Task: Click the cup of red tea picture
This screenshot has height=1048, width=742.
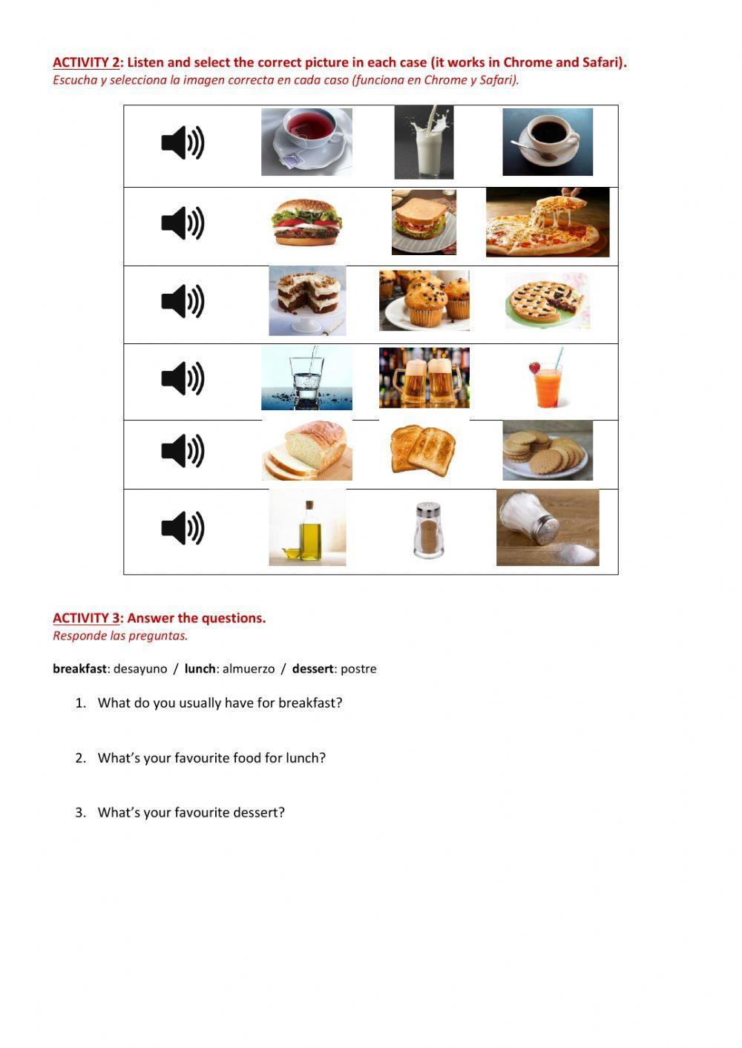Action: pyautogui.click(x=306, y=142)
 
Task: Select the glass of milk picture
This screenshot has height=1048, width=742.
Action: pyautogui.click(x=424, y=142)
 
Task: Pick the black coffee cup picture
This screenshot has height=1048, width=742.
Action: pyautogui.click(x=548, y=142)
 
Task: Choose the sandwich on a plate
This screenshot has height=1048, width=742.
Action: pyautogui.click(x=424, y=222)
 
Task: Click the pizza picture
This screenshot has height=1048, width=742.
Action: pyautogui.click(x=548, y=222)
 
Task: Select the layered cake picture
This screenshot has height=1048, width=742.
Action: pyautogui.click(x=306, y=300)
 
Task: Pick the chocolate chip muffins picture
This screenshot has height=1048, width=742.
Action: pyautogui.click(x=424, y=300)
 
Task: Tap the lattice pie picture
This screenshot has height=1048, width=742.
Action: pyautogui.click(x=548, y=300)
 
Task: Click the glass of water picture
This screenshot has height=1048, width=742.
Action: pyautogui.click(x=306, y=378)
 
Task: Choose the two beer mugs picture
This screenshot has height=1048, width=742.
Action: pyautogui.click(x=424, y=378)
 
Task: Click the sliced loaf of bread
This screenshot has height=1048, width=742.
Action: pyautogui.click(x=306, y=451)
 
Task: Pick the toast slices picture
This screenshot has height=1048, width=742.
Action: pyautogui.click(x=424, y=449)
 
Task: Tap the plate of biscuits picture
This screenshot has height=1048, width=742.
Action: pyautogui.click(x=548, y=450)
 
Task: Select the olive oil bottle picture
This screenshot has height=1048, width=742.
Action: pyautogui.click(x=306, y=527)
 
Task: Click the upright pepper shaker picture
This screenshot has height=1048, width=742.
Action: pyautogui.click(x=428, y=529)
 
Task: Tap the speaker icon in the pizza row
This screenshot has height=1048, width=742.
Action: pyautogui.click(x=183, y=223)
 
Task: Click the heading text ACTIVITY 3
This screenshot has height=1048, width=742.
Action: pyautogui.click(x=86, y=618)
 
